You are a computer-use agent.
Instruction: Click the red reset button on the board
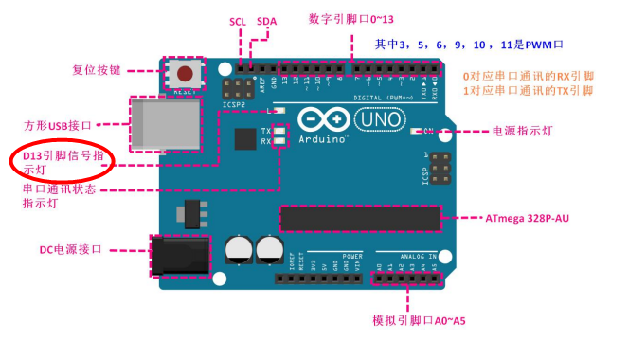187,72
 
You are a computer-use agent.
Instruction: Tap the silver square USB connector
167,123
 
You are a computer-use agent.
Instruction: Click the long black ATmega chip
359,218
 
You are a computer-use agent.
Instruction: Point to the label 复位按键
99,69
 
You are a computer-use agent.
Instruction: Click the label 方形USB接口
63,125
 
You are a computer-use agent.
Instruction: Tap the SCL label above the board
238,21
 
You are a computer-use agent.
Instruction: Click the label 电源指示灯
519,132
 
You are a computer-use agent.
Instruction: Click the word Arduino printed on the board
323,138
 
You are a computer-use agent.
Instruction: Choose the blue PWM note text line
483,44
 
